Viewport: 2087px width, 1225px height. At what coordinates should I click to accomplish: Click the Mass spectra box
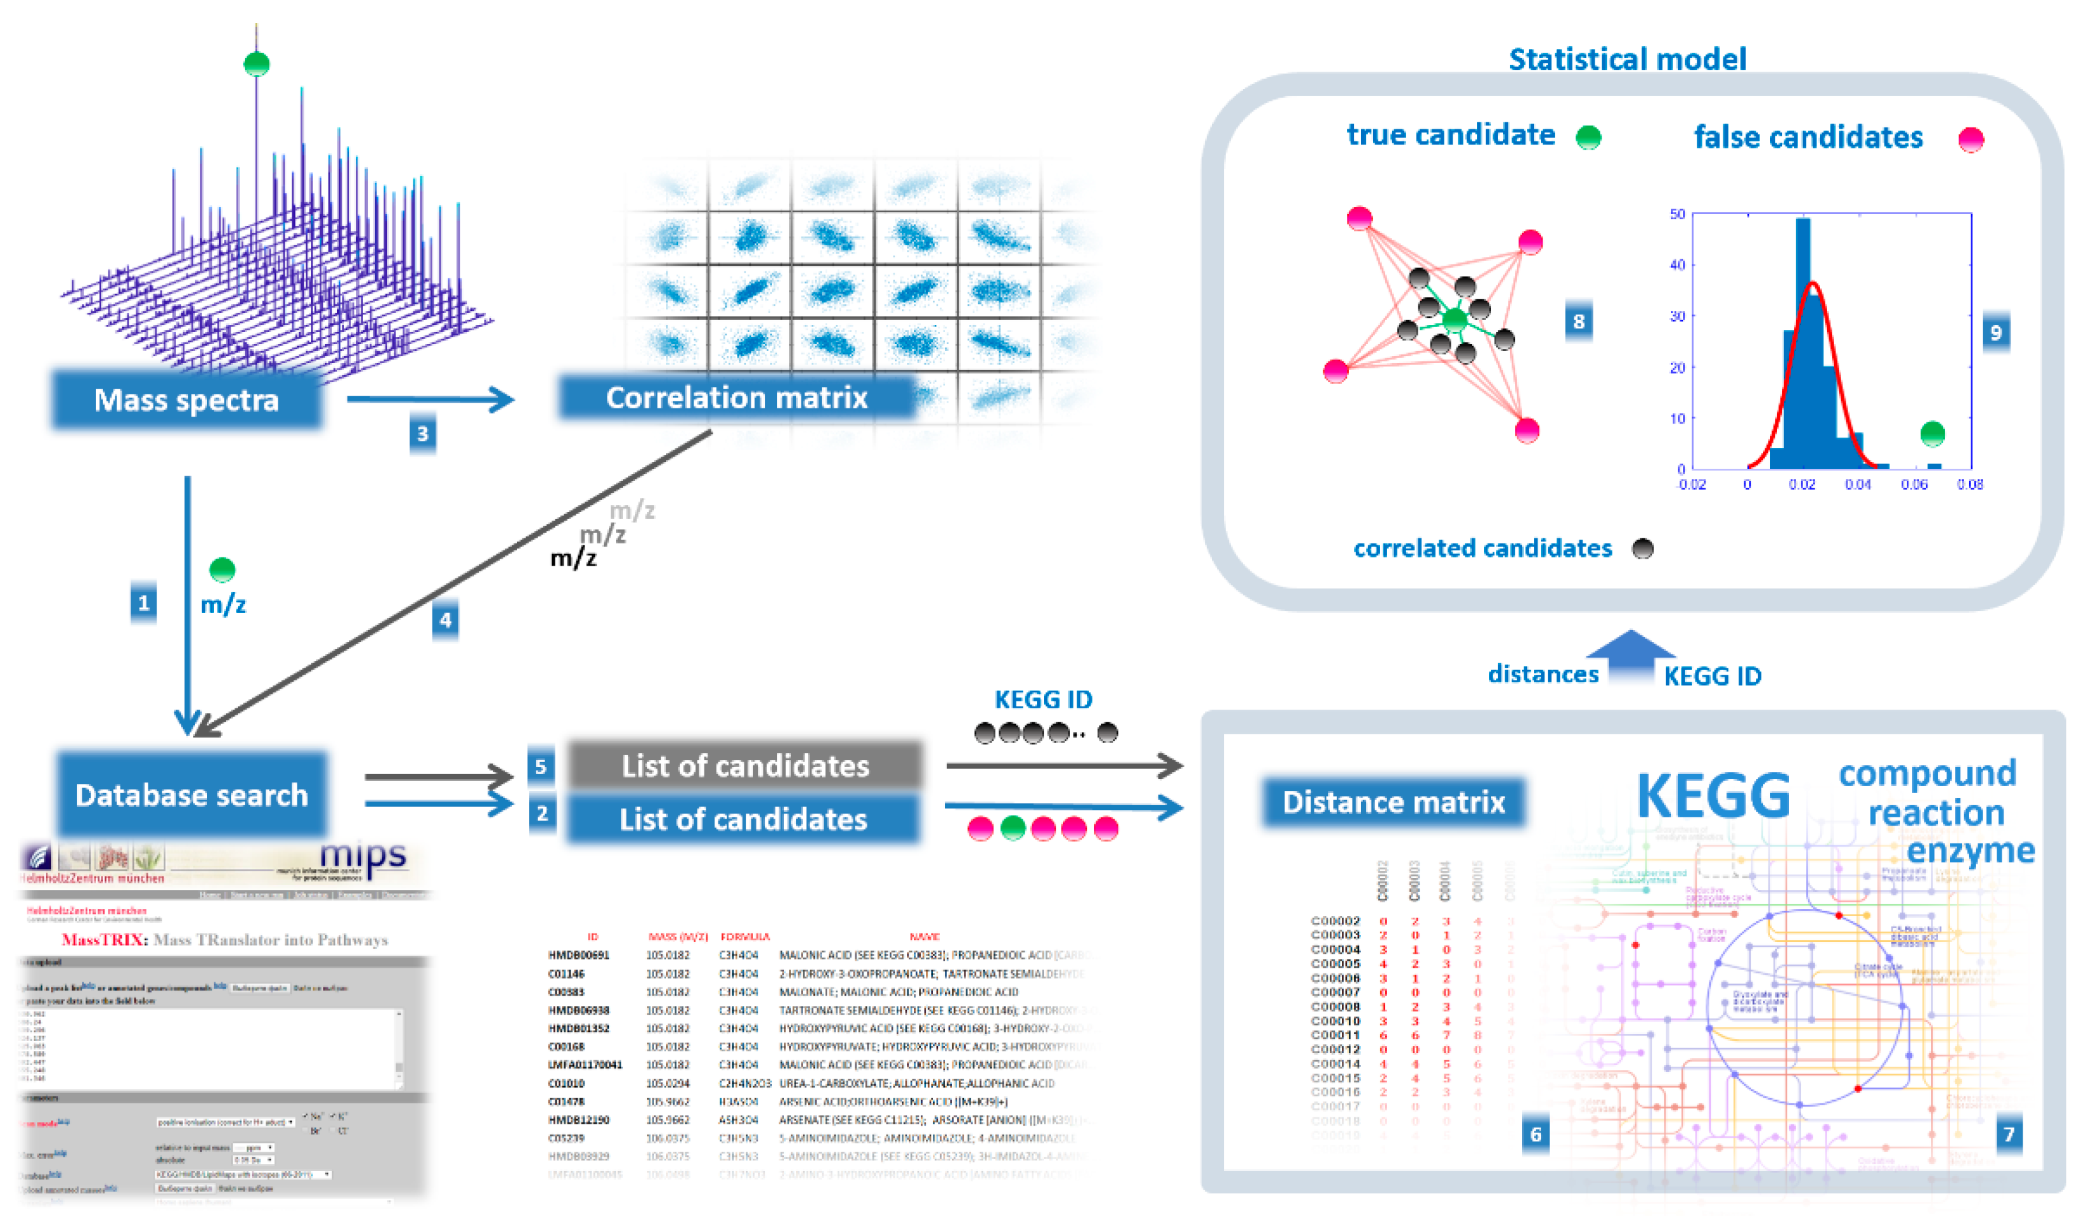187,400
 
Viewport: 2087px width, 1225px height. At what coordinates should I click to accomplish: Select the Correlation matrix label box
736,398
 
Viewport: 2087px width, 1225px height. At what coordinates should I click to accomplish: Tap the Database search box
191,795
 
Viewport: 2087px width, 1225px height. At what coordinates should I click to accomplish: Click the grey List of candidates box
744,765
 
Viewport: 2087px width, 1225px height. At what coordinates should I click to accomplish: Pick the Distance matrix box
1393,802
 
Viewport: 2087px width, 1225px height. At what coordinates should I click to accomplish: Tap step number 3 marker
422,434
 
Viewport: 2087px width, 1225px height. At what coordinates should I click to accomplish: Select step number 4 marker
445,620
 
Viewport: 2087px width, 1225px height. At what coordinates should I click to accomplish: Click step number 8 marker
1579,321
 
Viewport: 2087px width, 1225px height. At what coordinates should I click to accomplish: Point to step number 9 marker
1996,332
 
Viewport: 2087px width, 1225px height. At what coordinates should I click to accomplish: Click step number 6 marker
1535,1134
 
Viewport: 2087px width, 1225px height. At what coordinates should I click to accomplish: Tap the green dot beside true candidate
1588,138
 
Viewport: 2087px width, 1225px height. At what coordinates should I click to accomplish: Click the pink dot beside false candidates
1971,139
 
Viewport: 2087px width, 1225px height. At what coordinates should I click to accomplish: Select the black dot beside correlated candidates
1642,548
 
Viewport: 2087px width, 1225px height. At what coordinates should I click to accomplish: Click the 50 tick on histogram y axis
1677,215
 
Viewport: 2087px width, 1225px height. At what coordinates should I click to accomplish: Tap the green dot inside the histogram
1932,433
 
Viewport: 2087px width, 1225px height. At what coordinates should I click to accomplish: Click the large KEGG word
1713,795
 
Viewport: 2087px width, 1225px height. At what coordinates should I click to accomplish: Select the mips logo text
363,856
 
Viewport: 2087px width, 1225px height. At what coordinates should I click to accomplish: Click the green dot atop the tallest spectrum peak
257,63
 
